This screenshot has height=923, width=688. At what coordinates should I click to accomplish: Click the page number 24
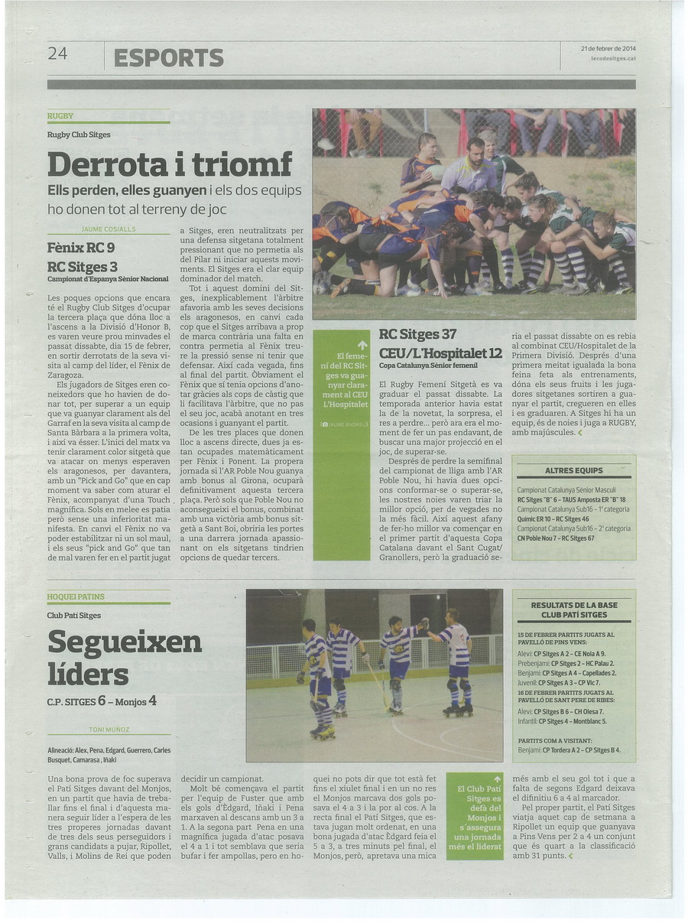(58, 54)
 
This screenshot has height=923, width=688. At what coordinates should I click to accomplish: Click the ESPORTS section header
(168, 57)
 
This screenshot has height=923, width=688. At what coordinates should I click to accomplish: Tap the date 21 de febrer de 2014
(608, 48)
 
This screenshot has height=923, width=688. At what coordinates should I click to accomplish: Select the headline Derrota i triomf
(170, 164)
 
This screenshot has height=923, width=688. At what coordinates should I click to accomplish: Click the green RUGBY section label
(60, 116)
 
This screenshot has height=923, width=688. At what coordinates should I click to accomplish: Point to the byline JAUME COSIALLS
(108, 229)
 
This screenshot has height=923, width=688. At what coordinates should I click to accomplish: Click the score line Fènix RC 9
(81, 248)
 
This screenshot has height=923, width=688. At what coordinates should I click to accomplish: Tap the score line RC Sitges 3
(83, 267)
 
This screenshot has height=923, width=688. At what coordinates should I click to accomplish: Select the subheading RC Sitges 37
(417, 334)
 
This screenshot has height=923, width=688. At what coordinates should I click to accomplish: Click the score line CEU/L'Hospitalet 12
(440, 353)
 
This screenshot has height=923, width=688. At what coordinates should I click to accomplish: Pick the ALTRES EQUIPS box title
(573, 470)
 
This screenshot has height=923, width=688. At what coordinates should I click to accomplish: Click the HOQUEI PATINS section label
(76, 596)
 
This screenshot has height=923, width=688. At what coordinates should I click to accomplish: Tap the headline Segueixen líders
(125, 658)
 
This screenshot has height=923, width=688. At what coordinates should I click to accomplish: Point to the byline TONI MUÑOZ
(108, 730)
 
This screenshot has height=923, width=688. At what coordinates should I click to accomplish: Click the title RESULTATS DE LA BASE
(573, 605)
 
